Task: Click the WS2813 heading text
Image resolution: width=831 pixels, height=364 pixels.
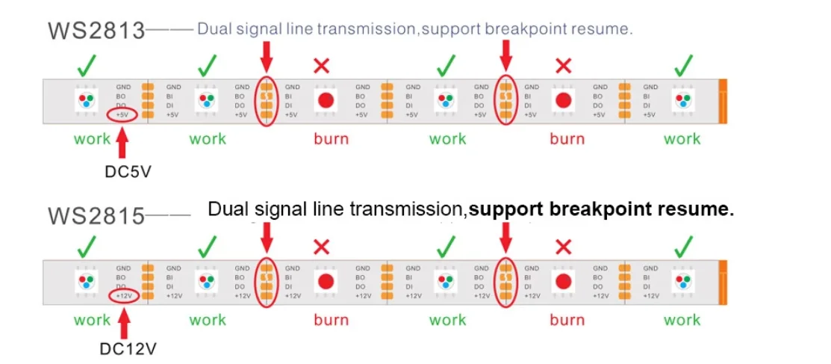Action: [x=96, y=31]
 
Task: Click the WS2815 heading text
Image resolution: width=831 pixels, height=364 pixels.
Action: [x=96, y=215]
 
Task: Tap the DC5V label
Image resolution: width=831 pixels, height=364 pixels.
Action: [x=127, y=171]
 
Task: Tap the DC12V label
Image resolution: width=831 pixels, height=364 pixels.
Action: [x=128, y=349]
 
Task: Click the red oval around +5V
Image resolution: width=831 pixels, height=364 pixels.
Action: [x=122, y=115]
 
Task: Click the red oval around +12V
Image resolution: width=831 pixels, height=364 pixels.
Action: [x=123, y=297]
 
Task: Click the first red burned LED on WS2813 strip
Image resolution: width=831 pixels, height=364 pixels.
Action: [x=326, y=100]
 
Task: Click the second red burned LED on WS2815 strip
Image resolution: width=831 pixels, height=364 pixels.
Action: [x=564, y=281]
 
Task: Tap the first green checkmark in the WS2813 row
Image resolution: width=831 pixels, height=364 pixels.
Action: [x=87, y=66]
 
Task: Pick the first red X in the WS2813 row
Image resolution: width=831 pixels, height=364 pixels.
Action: [x=321, y=66]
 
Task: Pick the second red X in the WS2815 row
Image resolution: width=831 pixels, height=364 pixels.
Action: [x=564, y=247]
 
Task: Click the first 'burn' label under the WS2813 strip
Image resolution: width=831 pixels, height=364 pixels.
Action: [x=331, y=139]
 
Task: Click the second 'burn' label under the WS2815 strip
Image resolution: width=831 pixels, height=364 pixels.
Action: [x=567, y=320]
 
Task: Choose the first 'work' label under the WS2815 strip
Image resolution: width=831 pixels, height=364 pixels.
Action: [x=92, y=320]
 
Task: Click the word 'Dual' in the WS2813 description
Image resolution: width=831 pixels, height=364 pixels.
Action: [x=214, y=30]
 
